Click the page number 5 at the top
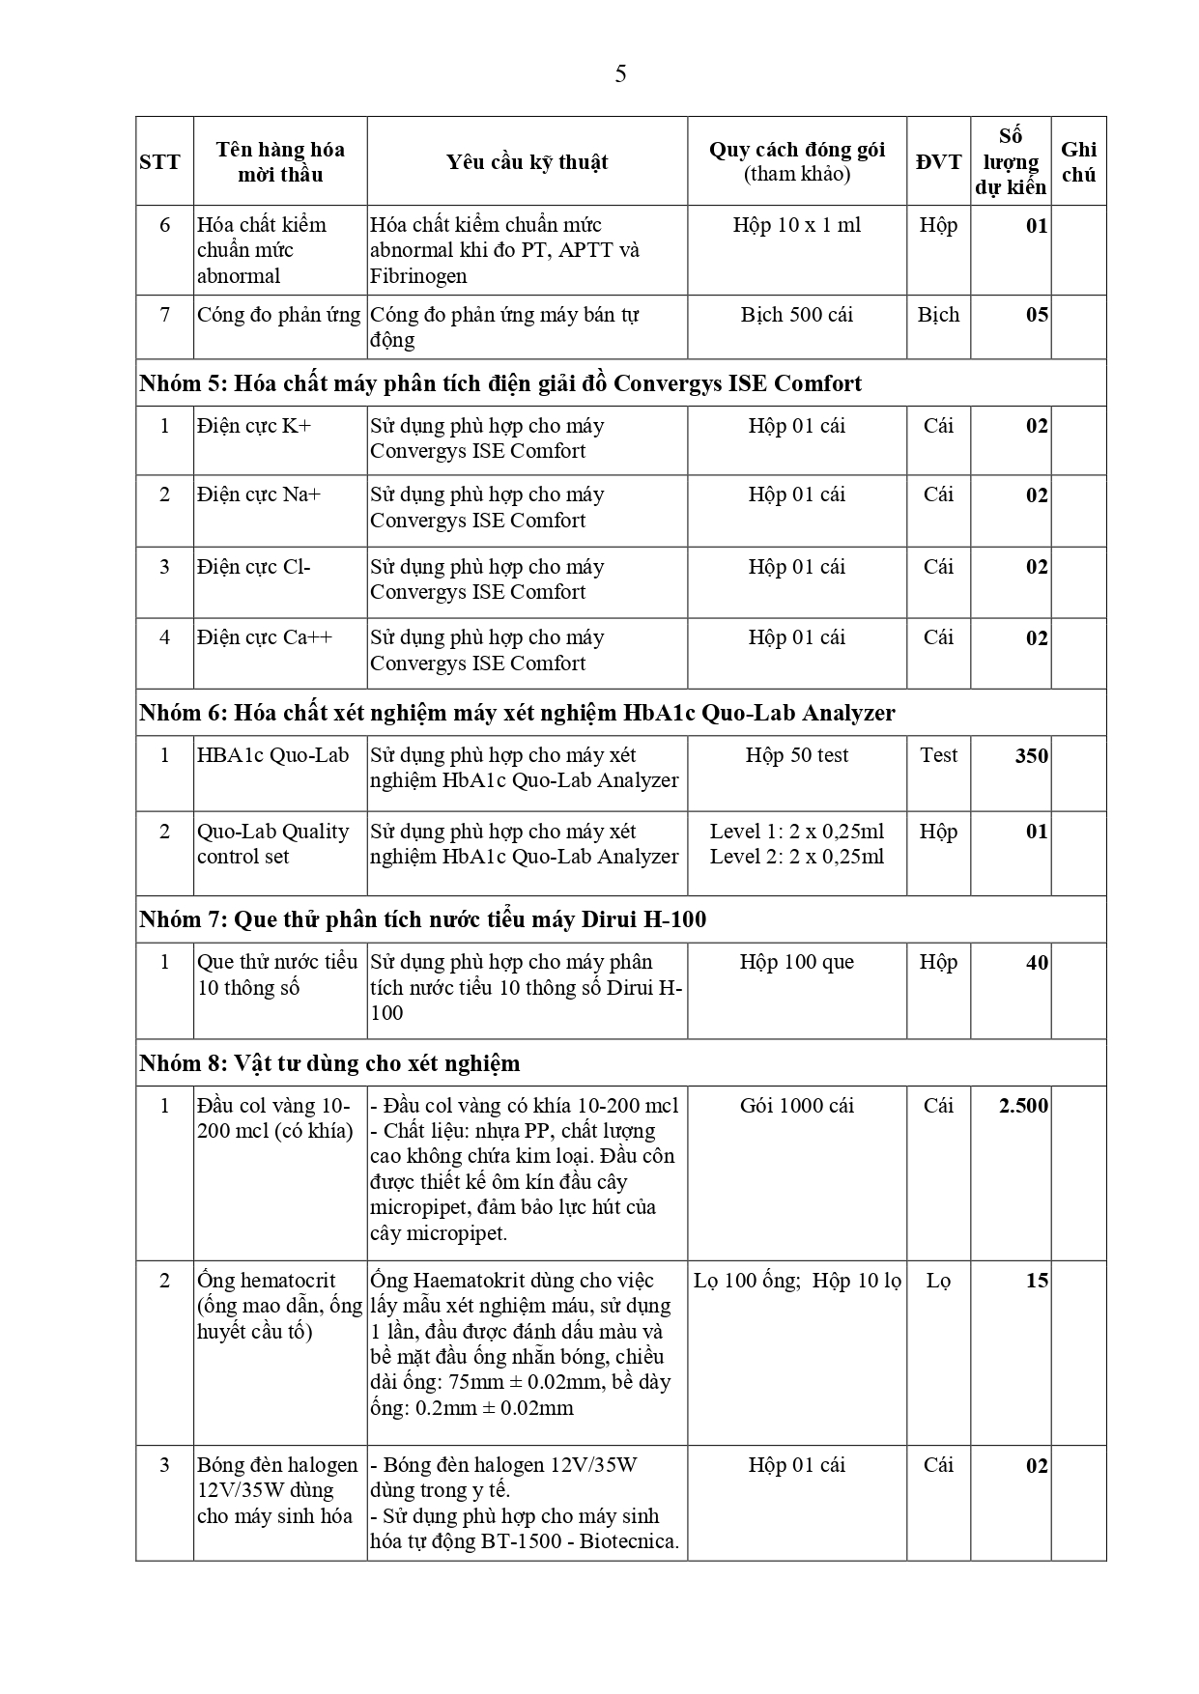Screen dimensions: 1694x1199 pyautogui.click(x=620, y=74)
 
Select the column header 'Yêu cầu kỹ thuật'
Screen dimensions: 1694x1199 pyautogui.click(x=527, y=162)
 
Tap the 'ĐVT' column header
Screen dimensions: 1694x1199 pyautogui.click(x=938, y=162)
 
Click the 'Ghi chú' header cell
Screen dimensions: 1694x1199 pyautogui.click(x=1078, y=162)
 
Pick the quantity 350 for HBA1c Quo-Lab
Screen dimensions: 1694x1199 pyautogui.click(x=1031, y=756)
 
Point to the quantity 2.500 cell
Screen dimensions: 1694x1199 pyautogui.click(x=1023, y=1106)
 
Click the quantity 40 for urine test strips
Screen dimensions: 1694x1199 pyautogui.click(x=1036, y=963)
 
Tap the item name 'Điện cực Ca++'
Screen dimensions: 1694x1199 pyautogui.click(x=265, y=637)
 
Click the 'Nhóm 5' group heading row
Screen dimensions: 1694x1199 pyautogui.click(x=500, y=383)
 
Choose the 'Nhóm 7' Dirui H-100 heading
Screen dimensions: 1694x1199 pyautogui.click(x=422, y=919)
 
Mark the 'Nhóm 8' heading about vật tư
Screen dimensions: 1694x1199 pyautogui.click(x=329, y=1063)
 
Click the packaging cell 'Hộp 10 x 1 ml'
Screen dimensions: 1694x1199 pyautogui.click(x=796, y=225)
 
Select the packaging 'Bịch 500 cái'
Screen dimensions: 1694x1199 pyautogui.click(x=796, y=315)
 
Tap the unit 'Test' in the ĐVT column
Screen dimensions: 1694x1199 pyautogui.click(x=938, y=755)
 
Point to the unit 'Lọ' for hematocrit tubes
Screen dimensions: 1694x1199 pyautogui.click(x=938, y=1281)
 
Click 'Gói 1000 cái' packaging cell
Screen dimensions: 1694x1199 pyautogui.click(x=796, y=1106)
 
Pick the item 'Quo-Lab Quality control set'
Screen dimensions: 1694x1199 pyautogui.click(x=272, y=844)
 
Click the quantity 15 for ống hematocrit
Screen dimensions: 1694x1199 pyautogui.click(x=1037, y=1281)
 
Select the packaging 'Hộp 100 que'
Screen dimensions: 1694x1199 pyautogui.click(x=796, y=962)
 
